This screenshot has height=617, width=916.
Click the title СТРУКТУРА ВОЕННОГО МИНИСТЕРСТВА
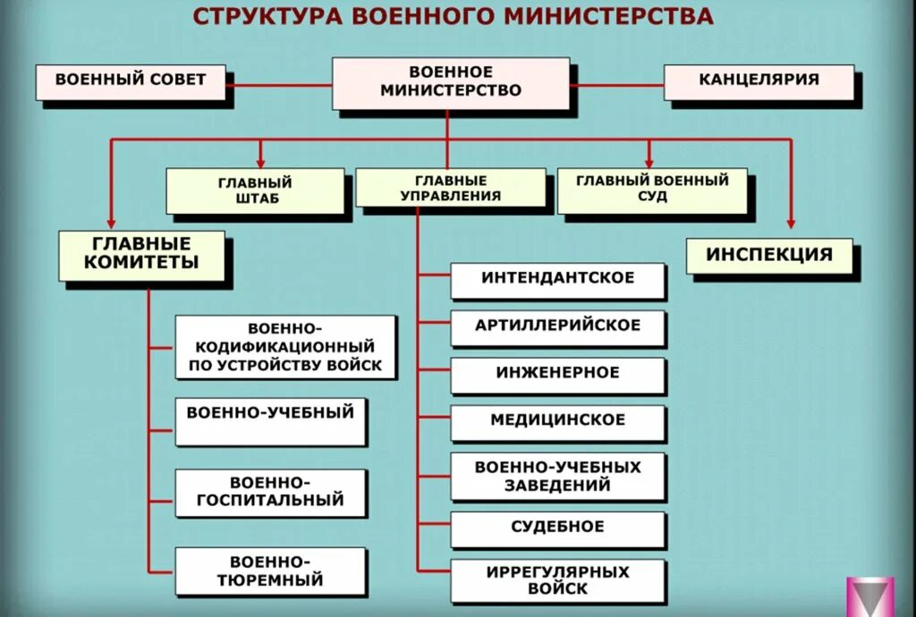(454, 17)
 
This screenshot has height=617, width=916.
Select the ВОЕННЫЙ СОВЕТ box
(131, 81)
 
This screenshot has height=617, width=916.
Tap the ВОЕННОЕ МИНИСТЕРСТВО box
(451, 83)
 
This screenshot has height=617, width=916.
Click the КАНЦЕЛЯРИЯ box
(759, 81)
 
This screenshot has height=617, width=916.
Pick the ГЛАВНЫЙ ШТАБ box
(255, 190)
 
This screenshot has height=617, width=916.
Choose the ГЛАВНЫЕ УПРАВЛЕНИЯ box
(451, 189)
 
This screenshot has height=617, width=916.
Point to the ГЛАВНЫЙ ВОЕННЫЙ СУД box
(652, 190)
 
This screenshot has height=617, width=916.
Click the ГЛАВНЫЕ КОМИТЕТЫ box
(142, 255)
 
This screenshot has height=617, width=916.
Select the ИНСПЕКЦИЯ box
(769, 256)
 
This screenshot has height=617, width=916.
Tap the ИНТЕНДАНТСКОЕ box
(558, 280)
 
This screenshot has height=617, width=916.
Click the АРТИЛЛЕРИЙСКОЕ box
(558, 327)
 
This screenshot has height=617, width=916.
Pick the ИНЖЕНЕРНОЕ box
(558, 375)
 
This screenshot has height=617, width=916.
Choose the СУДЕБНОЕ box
(558, 528)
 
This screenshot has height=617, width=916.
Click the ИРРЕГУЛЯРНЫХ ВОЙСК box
(558, 580)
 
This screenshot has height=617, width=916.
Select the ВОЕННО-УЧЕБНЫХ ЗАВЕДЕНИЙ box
(558, 477)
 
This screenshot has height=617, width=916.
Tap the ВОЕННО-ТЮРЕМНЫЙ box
(271, 571)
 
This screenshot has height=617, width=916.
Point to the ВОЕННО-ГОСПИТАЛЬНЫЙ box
(271, 492)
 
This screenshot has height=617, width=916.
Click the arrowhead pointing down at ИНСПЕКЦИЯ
(791, 225)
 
